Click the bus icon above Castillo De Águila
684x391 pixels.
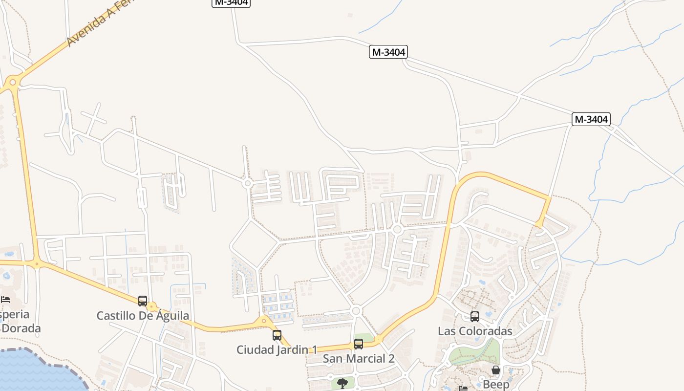[x=143, y=301]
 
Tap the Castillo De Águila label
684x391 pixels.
[x=143, y=316]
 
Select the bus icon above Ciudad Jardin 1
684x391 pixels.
[x=277, y=335]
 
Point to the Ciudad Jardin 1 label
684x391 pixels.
[x=277, y=350]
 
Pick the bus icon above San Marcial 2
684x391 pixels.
[x=359, y=344]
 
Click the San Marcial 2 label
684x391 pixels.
[x=359, y=359]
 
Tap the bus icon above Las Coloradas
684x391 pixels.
[x=475, y=316]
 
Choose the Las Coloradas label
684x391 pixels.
[x=475, y=331]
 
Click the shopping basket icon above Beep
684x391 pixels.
[x=496, y=370]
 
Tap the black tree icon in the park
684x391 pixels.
[x=342, y=383]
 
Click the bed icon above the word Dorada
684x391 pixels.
[x=5, y=299]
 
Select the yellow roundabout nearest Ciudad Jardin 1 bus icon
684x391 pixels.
[x=264, y=321]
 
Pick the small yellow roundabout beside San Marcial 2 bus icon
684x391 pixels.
[x=378, y=338]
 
